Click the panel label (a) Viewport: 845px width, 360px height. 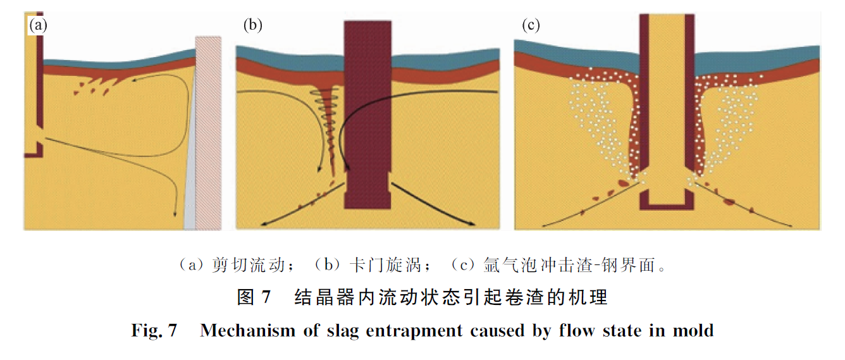(x=37, y=25)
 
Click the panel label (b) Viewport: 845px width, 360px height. (x=252, y=25)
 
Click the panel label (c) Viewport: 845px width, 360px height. (x=530, y=25)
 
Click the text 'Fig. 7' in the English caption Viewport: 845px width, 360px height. (x=154, y=330)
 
